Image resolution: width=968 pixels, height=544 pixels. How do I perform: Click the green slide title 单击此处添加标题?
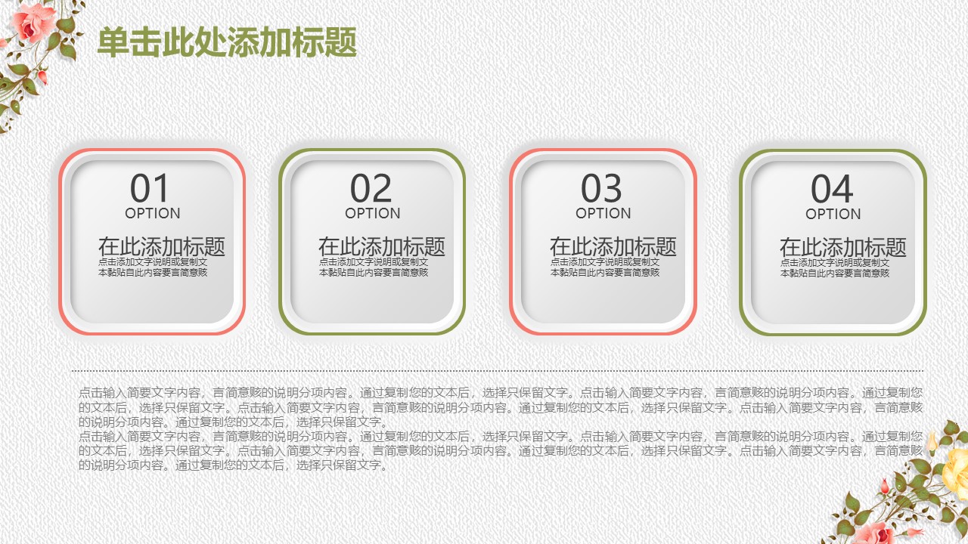(227, 42)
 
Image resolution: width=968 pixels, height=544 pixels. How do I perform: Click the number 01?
(151, 188)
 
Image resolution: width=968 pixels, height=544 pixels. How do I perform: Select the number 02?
(371, 188)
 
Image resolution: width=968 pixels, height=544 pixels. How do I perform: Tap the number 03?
(602, 188)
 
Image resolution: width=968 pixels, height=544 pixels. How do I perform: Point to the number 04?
(832, 189)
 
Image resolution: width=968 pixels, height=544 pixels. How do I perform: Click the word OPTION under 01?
(153, 213)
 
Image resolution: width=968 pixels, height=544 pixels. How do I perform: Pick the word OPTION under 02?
(373, 213)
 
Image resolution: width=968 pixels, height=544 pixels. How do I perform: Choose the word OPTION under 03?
(603, 213)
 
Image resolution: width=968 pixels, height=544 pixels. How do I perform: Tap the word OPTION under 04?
(833, 214)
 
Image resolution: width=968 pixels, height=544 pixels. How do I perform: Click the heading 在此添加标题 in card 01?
(161, 246)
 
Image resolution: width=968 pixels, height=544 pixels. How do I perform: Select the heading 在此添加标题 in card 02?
(381, 246)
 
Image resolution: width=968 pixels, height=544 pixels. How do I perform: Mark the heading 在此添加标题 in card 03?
(613, 246)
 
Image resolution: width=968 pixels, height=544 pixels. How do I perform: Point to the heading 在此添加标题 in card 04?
(842, 247)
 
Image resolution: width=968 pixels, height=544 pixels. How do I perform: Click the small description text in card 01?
(153, 267)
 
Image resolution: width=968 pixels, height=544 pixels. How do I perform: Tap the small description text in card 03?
(605, 267)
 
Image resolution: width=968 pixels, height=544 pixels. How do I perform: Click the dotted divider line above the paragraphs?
(498, 371)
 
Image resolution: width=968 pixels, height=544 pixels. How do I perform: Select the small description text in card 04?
(835, 267)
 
